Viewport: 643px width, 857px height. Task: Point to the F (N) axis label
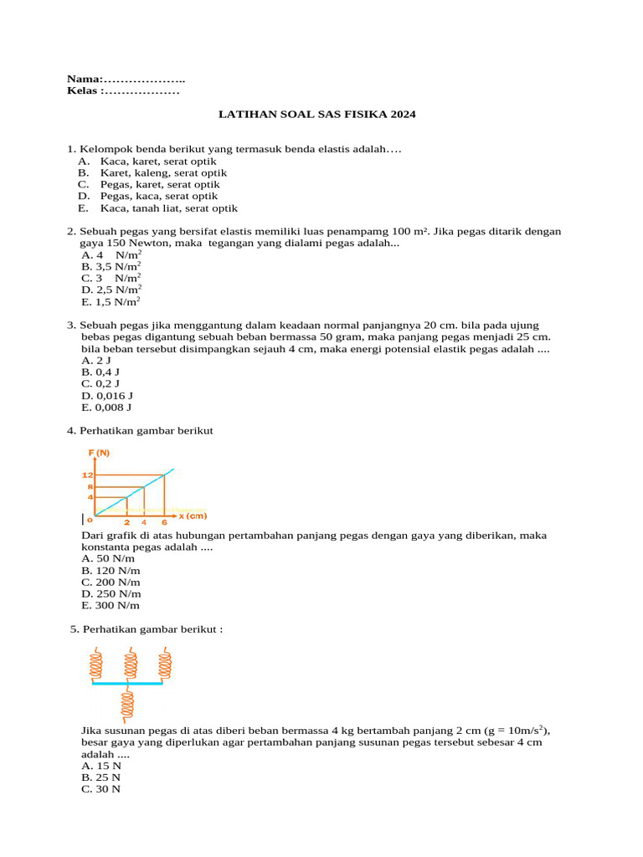click(x=99, y=453)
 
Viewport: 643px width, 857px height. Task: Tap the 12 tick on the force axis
click(x=87, y=475)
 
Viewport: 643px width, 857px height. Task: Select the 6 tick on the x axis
click(x=164, y=521)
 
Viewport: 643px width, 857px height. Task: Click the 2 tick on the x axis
click(x=126, y=521)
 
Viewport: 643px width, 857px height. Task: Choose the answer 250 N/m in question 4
click(x=111, y=593)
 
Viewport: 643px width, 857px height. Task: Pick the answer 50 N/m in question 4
click(x=108, y=558)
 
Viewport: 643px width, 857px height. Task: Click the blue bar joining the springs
click(x=127, y=684)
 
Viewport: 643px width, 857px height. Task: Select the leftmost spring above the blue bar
click(x=95, y=665)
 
